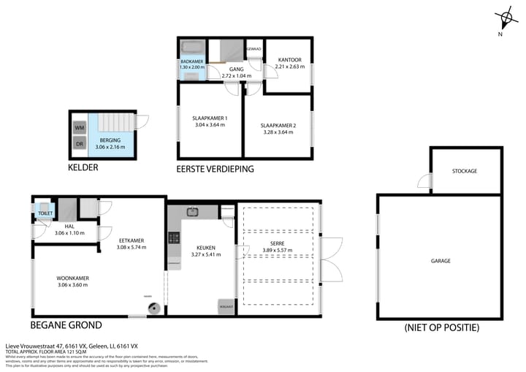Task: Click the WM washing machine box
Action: point(79,127)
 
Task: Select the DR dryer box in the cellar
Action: point(79,143)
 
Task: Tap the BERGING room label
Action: point(110,140)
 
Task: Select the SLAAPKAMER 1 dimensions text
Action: point(210,125)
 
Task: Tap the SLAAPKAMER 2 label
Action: point(278,125)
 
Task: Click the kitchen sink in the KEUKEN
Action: point(193,212)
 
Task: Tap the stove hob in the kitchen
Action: point(174,238)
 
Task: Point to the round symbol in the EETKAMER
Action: point(153,308)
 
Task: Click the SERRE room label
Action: point(277,243)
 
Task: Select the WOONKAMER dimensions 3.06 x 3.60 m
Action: point(72,285)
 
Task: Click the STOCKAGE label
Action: point(465,171)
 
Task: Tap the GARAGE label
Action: point(440,260)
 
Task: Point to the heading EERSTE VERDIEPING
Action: point(215,169)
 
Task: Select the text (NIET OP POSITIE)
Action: point(441,328)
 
